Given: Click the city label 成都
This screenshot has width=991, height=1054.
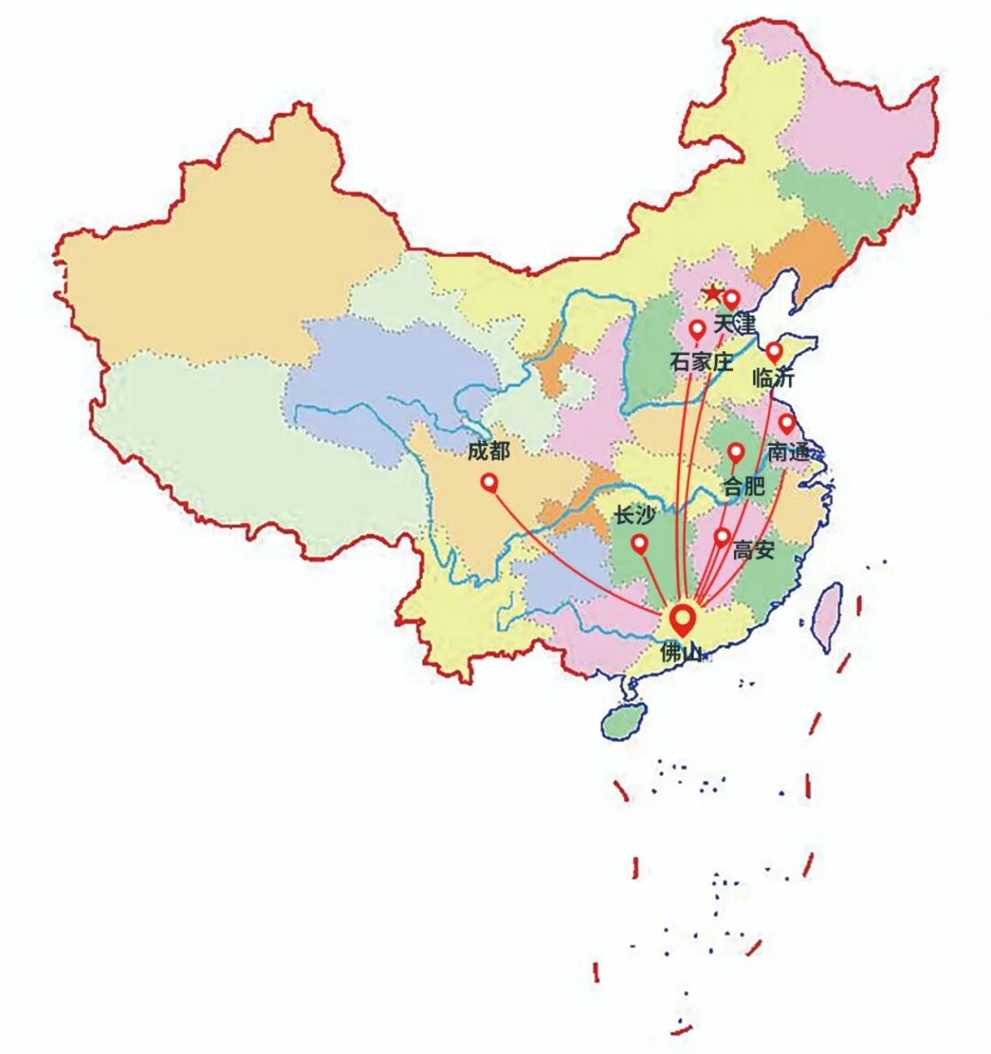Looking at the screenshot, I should tap(488, 450).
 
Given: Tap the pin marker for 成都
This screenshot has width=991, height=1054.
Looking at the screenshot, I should tap(489, 481).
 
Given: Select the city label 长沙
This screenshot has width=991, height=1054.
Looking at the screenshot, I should tap(635, 516).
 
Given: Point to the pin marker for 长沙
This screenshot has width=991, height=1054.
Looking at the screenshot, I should tap(640, 543).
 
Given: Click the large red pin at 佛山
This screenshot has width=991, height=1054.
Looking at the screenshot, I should tap(681, 616).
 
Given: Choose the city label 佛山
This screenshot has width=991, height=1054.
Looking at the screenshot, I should tap(680, 652).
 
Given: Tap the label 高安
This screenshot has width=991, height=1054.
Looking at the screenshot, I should tap(753, 550).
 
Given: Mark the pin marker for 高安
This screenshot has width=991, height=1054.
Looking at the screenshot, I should tap(722, 537).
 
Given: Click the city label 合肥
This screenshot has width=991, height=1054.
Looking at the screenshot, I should tap(743, 486).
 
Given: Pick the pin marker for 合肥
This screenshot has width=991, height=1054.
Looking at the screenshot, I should tap(736, 451).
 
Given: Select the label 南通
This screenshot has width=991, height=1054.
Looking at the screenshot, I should tap(789, 451).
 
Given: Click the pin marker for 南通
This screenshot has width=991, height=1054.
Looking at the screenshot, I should tap(786, 423).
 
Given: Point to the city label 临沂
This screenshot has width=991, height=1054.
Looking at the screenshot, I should tap(773, 377).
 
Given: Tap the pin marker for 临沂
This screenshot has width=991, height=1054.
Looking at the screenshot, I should tap(774, 351).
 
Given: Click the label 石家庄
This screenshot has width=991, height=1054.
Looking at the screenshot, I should tap(702, 361).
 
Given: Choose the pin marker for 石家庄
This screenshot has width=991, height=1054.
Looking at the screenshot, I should tap(697, 328).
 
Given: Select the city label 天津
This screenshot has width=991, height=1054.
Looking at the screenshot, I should tap(734, 324).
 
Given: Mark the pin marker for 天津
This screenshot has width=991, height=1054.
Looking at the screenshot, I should tap(731, 298).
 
